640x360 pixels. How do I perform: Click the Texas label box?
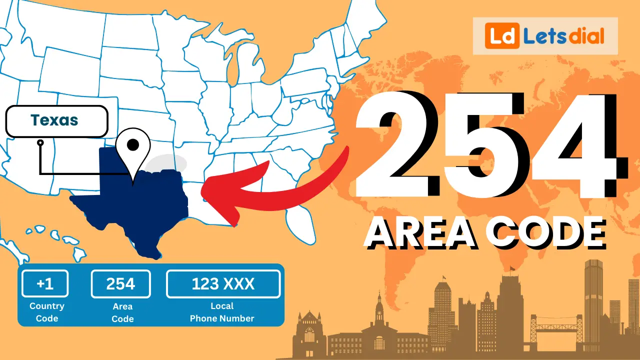56,121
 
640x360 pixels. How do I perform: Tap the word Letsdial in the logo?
563,36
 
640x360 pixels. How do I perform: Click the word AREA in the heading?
421,233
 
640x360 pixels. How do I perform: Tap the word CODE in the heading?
545,233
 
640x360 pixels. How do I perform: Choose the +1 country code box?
45,284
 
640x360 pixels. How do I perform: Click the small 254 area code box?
120,284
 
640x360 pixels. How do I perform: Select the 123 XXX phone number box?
223,284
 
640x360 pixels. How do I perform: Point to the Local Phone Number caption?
222,312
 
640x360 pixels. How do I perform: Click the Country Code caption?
47,312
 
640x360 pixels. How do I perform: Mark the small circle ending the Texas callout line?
40,142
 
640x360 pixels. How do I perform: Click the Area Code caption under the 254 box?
122,312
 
